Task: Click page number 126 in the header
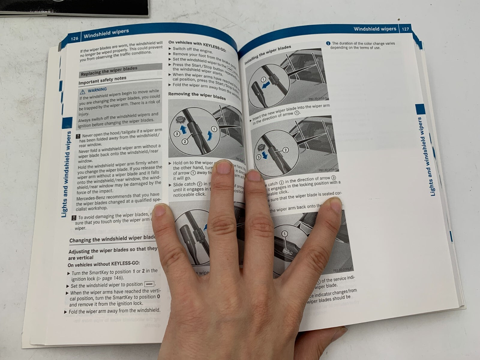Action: click(x=74, y=38)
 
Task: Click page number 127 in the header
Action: click(x=405, y=29)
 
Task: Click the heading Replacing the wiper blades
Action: click(x=109, y=71)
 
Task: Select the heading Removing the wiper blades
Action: click(x=197, y=96)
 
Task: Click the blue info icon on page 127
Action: click(x=328, y=43)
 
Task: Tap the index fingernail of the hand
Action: click(x=223, y=167)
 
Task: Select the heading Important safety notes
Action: click(x=102, y=80)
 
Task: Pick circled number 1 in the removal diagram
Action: click(x=214, y=129)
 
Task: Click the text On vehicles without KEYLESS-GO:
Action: click(x=103, y=264)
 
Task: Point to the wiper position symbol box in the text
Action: click(x=149, y=284)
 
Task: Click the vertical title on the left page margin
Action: click(x=67, y=174)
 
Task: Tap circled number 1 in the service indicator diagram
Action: click(x=284, y=234)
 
